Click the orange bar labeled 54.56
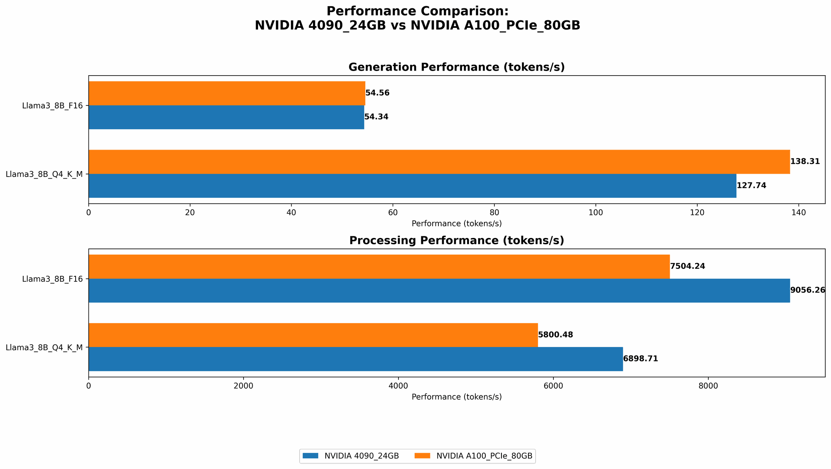226,93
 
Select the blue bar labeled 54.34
226,117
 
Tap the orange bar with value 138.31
439,162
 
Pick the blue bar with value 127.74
412,186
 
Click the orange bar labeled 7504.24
379,266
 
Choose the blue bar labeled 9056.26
439,290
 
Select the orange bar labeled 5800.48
313,335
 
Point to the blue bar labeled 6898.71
355,359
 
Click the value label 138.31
805,162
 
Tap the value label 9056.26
807,290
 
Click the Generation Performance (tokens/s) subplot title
456,67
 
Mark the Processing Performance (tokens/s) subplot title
456,241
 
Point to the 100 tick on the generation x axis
595,213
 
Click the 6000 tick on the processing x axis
553,386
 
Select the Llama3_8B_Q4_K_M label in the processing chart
44,347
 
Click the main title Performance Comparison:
417,11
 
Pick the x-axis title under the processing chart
456,397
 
